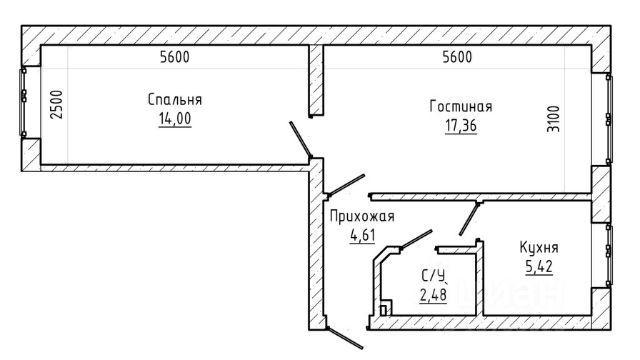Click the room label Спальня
pyautogui.click(x=175, y=100)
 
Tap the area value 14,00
pyautogui.click(x=175, y=119)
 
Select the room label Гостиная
pyautogui.click(x=461, y=107)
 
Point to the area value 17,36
pyautogui.click(x=461, y=126)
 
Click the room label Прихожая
pyautogui.click(x=362, y=216)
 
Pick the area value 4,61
pyautogui.click(x=362, y=236)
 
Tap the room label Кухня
pyautogui.click(x=539, y=247)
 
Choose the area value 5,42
pyautogui.click(x=539, y=267)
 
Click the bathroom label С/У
pyautogui.click(x=433, y=276)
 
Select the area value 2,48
pyautogui.click(x=433, y=295)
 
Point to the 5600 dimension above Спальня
pyautogui.click(x=175, y=57)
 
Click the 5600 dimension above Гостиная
pyautogui.click(x=457, y=57)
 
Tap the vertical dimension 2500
pyautogui.click(x=57, y=104)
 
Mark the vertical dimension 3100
pyautogui.click(x=553, y=119)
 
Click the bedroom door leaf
pyautogui.click(x=300, y=139)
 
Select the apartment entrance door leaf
pyautogui.click(x=344, y=338)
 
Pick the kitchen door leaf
pyautogui.click(x=469, y=218)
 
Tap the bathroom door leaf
pyautogui.click(x=416, y=239)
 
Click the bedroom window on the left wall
pyautogui.click(x=23, y=102)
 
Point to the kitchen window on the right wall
pyautogui.click(x=609, y=254)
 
